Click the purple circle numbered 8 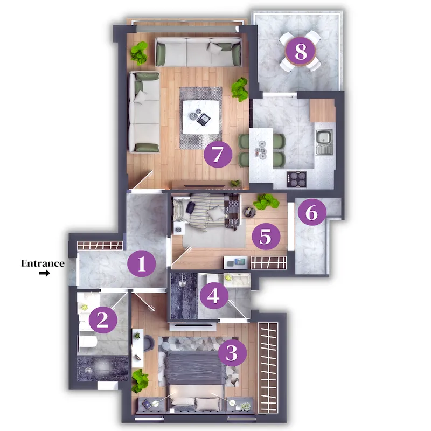point(301,51)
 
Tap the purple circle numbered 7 point(218,154)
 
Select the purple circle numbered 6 point(312,212)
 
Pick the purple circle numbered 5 point(266,237)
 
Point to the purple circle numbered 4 point(214,296)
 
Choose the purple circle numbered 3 point(232,353)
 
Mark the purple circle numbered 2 point(103,320)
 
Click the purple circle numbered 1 point(142,263)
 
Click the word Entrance point(43,263)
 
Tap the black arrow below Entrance point(44,273)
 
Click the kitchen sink point(324,142)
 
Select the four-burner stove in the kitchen point(296,179)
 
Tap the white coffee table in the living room point(201,117)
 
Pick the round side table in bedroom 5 point(249,212)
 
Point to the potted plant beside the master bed point(140,380)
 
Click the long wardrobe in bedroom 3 point(268,368)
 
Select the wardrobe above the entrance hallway point(100,246)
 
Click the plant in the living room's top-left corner point(139,53)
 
